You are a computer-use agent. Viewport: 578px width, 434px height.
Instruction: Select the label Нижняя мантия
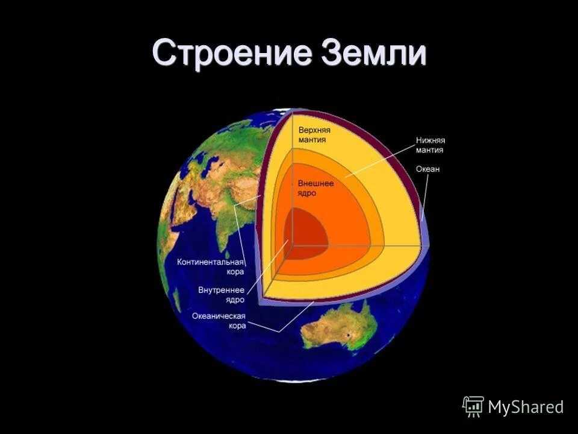pyautogui.click(x=430, y=145)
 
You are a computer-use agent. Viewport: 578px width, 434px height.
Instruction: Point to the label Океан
pyautogui.click(x=427, y=169)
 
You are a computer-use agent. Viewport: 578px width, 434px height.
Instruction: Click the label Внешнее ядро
pyautogui.click(x=315, y=187)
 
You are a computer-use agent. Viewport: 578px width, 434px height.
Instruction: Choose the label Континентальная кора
pyautogui.click(x=210, y=267)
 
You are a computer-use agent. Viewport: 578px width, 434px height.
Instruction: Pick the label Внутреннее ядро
pyautogui.click(x=221, y=295)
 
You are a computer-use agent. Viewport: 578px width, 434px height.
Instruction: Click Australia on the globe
pyautogui.click(x=340, y=329)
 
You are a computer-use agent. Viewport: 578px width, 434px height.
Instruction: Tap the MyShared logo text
pyautogui.click(x=526, y=407)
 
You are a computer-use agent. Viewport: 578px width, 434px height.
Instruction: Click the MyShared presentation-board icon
pyautogui.click(x=473, y=406)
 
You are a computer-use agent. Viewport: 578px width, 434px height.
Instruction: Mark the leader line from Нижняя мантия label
pyautogui.click(x=379, y=160)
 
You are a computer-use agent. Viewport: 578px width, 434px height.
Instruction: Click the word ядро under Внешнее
pyautogui.click(x=306, y=193)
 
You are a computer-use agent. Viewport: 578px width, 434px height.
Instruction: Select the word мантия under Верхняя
pyautogui.click(x=312, y=140)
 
